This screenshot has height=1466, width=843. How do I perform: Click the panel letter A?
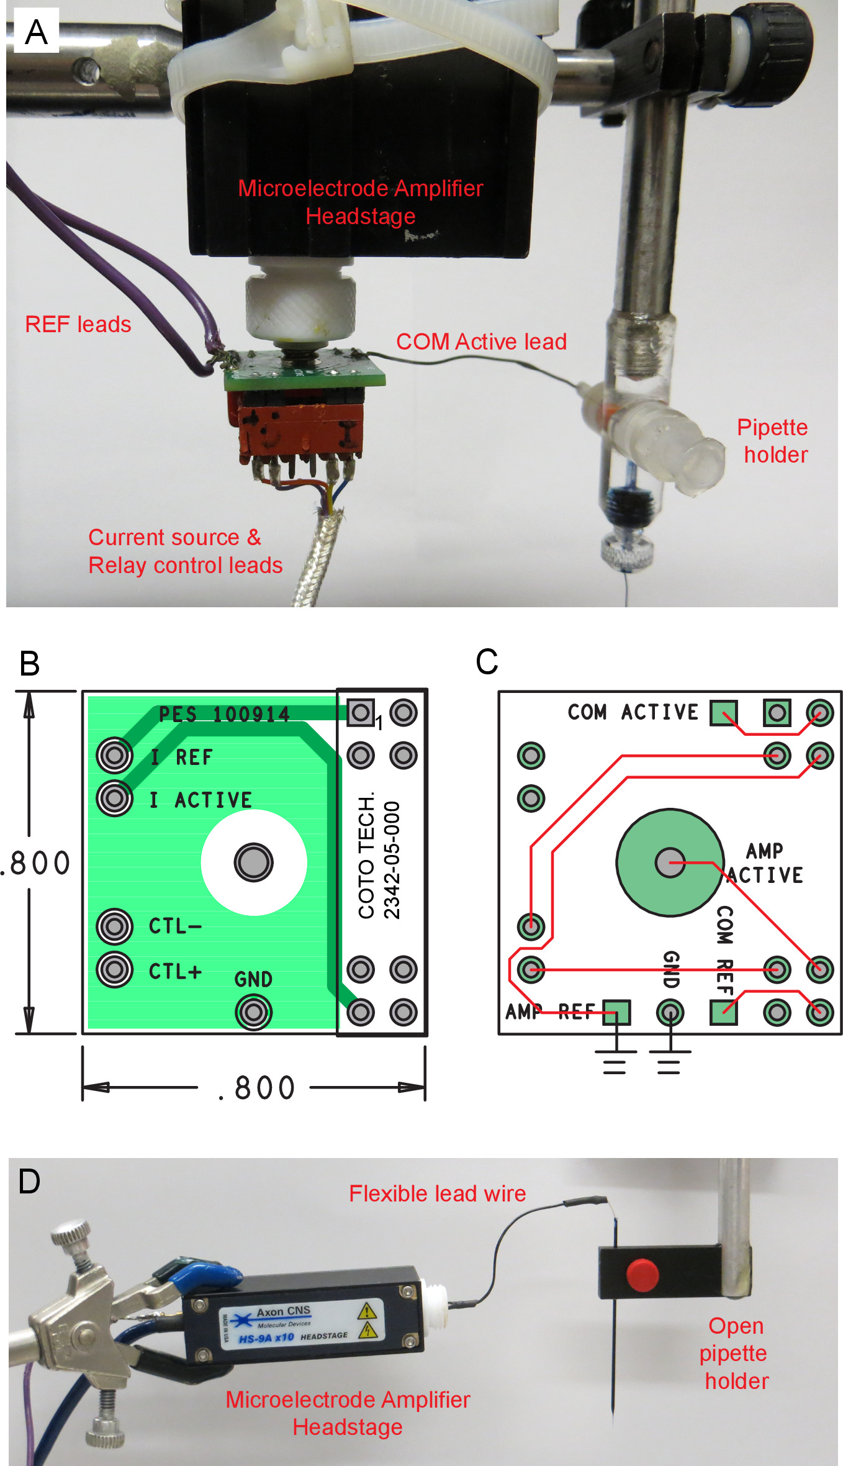tap(36, 32)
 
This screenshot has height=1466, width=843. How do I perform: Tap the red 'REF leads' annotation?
tap(78, 324)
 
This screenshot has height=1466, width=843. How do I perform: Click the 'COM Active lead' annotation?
tap(481, 342)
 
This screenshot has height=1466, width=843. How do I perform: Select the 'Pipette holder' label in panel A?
tap(773, 441)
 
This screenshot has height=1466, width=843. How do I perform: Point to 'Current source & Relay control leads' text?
tap(184, 551)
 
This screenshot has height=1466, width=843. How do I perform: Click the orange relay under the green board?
tap(298, 428)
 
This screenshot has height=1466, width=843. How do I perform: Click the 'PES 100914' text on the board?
tap(224, 715)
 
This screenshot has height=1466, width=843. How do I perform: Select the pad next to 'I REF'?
tap(115, 755)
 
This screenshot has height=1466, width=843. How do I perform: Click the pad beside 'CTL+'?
tap(115, 969)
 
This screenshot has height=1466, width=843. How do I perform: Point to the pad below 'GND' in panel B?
tap(253, 1012)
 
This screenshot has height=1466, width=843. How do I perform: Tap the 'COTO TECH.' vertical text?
tap(366, 856)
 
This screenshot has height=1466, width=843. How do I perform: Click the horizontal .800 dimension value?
tap(256, 1088)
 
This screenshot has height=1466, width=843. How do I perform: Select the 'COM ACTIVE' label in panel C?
tap(633, 712)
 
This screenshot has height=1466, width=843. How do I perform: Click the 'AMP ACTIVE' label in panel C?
tap(765, 863)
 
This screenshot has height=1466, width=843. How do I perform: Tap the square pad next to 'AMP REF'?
tap(616, 1013)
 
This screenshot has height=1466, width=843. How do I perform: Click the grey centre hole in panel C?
tap(670, 862)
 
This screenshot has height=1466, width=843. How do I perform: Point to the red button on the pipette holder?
tap(642, 1274)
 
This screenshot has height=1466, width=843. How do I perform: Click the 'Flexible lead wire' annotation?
tap(437, 1193)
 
